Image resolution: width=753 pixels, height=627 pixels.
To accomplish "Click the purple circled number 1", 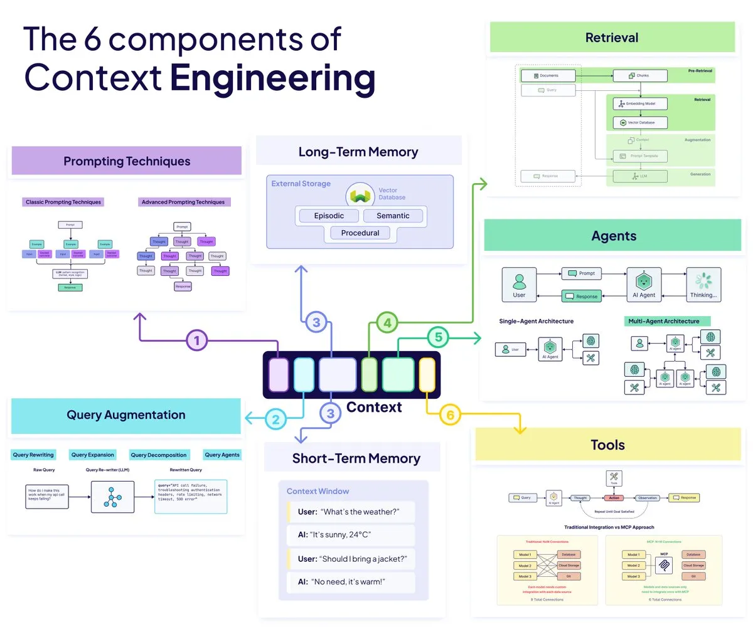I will tap(197, 341).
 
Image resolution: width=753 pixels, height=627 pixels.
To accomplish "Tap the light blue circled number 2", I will tap(276, 418).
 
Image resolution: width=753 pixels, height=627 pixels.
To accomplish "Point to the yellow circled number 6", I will tap(450, 414).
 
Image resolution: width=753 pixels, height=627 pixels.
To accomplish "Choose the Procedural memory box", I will tap(360, 233).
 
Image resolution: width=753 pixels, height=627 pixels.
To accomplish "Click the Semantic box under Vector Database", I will tap(393, 216).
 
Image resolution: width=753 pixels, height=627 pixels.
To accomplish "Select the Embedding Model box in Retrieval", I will tap(639, 103).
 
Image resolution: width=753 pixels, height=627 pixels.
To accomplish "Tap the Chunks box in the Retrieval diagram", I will tap(639, 76).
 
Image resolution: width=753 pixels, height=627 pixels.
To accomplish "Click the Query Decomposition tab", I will tap(159, 455).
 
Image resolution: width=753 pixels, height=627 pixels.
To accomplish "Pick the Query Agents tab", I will tap(222, 455).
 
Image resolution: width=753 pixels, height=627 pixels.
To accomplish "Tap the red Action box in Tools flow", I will tap(613, 498).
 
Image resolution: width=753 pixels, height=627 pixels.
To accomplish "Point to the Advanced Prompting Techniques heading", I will tap(183, 202).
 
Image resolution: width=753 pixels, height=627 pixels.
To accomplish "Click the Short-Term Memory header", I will tap(356, 458).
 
